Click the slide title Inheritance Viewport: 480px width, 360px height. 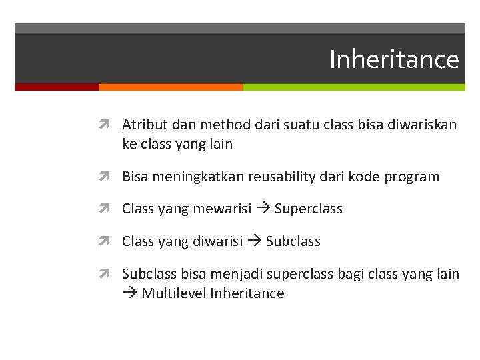point(394,59)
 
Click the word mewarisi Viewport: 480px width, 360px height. point(222,209)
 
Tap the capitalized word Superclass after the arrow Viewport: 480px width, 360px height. point(308,209)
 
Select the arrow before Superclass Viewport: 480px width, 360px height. point(263,209)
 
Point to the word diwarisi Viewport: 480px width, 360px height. point(218,241)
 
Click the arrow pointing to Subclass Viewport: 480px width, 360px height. point(254,241)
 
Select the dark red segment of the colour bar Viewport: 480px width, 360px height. point(57,87)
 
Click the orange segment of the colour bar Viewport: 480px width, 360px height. point(170,87)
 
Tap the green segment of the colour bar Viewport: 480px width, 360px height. point(353,87)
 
